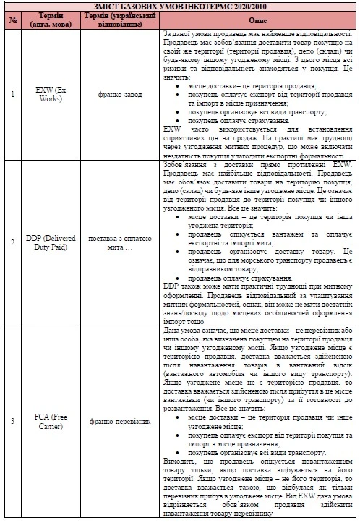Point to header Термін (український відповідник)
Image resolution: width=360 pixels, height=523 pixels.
click(x=116, y=20)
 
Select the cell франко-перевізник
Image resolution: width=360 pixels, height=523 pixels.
click(x=116, y=416)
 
